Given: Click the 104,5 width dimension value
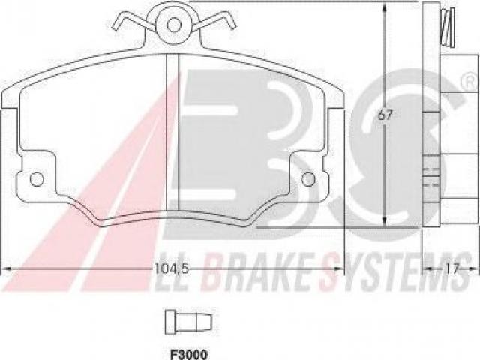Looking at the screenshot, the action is pyautogui.click(x=171, y=268).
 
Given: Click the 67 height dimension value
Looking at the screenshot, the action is pyautogui.click(x=385, y=115).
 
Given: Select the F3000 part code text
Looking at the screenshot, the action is pyautogui.click(x=188, y=355).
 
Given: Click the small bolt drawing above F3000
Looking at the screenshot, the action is pyautogui.click(x=188, y=322).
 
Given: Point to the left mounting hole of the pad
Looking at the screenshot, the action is pyautogui.click(x=37, y=179).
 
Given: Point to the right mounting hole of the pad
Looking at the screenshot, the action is pyautogui.click(x=308, y=179).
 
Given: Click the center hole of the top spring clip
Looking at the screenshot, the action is pyautogui.click(x=174, y=24).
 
